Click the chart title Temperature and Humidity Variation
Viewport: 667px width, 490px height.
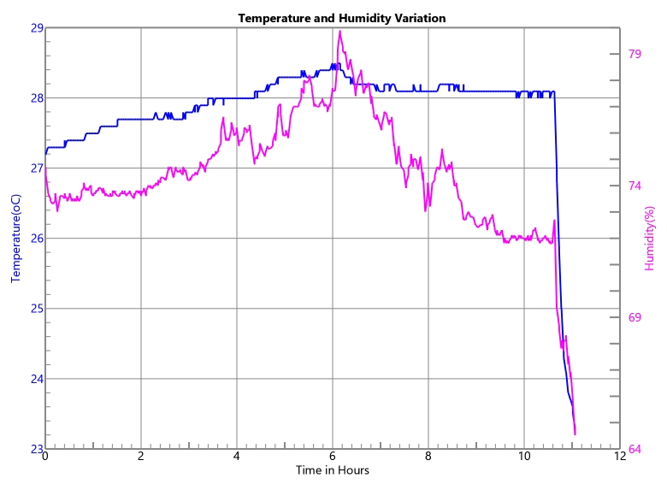tap(341, 18)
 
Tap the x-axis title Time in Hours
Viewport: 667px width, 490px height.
tap(333, 470)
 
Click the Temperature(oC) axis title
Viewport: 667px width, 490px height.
tap(15, 238)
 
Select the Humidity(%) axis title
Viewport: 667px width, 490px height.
tap(650, 238)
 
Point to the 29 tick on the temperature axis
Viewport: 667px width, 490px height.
tap(37, 27)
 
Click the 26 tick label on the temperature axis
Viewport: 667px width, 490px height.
tap(37, 239)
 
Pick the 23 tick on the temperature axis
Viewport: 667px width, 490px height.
tap(37, 449)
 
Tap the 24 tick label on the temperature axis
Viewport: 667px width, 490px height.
tap(37, 379)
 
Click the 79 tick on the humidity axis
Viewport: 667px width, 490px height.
tap(635, 54)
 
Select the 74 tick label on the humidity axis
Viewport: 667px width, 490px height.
tap(635, 186)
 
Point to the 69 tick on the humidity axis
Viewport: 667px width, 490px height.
tap(635, 317)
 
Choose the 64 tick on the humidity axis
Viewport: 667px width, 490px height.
tap(635, 449)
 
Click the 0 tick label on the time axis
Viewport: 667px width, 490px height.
tap(45, 458)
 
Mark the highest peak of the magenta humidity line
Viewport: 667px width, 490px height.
tap(339, 32)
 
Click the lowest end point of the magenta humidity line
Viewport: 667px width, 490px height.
tap(575, 434)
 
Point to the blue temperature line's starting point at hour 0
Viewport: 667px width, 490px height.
tap(45, 154)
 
